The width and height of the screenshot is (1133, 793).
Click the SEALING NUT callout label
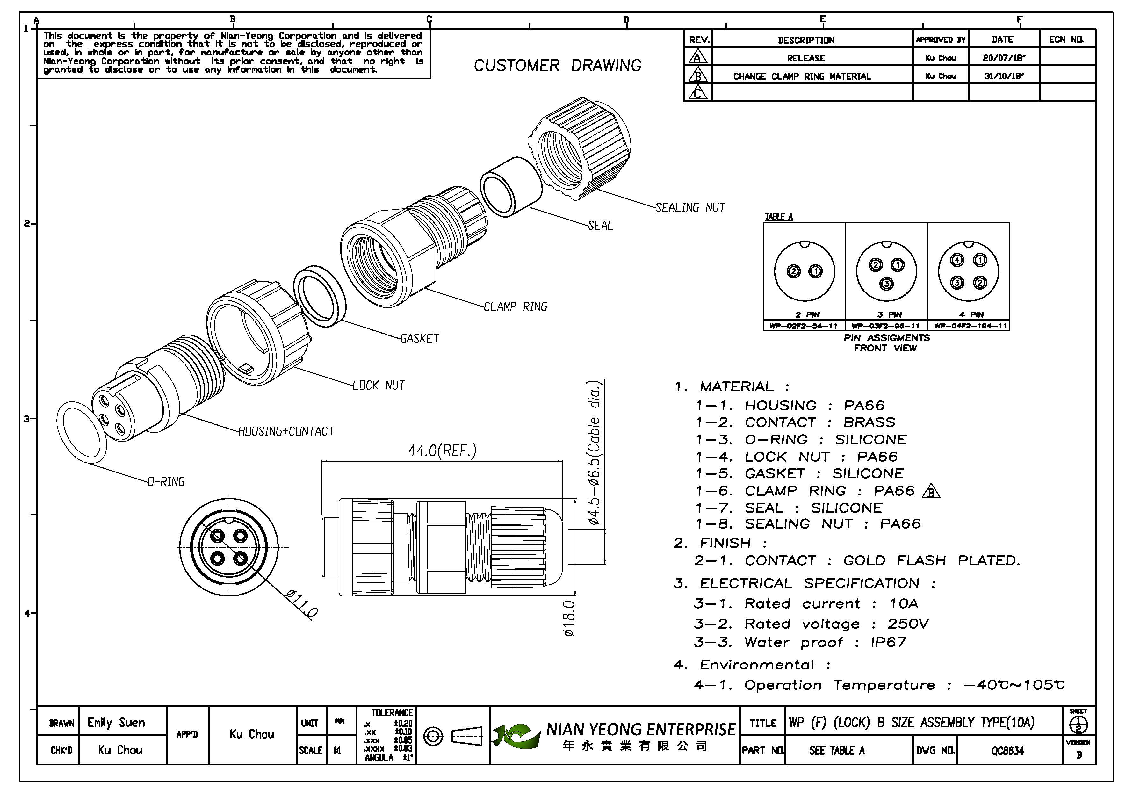(x=690, y=208)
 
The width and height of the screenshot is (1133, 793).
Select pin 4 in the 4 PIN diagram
(x=957, y=260)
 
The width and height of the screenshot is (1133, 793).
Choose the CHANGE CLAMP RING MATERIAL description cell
(x=802, y=76)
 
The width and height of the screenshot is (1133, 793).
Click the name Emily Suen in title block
(x=117, y=723)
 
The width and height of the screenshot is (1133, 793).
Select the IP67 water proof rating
(x=888, y=643)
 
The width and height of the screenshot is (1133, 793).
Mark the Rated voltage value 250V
(x=908, y=624)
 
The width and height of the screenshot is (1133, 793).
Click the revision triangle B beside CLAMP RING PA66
(x=931, y=492)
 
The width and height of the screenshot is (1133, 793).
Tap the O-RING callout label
(x=166, y=482)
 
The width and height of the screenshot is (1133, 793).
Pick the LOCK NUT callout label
(x=379, y=386)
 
